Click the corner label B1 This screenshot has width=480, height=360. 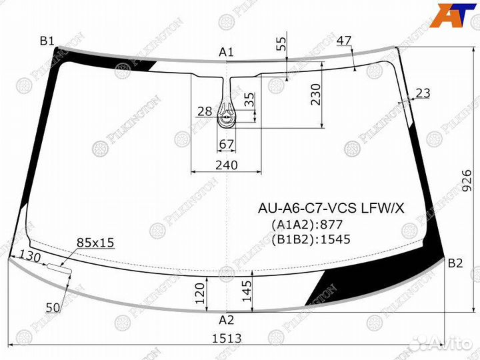(x=47, y=41)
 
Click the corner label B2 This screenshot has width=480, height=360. (x=455, y=263)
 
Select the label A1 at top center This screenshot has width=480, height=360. (x=227, y=52)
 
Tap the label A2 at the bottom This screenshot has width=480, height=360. (x=227, y=319)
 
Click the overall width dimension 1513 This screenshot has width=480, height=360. (x=227, y=338)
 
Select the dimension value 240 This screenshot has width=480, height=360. (x=227, y=165)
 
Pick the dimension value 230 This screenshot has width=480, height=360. (x=315, y=95)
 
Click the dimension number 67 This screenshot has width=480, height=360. (x=227, y=145)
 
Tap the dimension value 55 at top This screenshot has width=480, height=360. (x=281, y=45)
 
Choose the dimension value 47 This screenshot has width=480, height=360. (x=344, y=41)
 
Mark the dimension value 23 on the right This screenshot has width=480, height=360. (x=423, y=93)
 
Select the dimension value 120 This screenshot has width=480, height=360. (x=199, y=292)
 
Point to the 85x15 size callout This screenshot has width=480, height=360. (x=95, y=243)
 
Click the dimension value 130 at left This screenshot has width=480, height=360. (x=30, y=256)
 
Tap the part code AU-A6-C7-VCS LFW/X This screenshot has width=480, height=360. (x=331, y=209)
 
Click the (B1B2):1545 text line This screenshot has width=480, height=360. (x=311, y=239)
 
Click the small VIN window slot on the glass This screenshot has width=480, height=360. (x=59, y=268)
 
